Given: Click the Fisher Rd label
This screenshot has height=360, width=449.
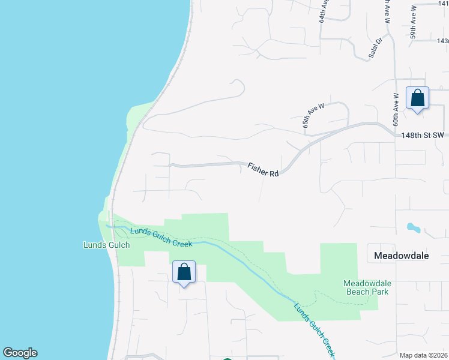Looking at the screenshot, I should pyautogui.click(x=264, y=170).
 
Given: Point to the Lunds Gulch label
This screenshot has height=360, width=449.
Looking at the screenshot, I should pyautogui.click(x=106, y=245).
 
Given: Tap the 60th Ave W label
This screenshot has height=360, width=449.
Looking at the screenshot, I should pyautogui.click(x=396, y=109).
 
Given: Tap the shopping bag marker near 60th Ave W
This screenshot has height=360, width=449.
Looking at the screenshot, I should pyautogui.click(x=417, y=98).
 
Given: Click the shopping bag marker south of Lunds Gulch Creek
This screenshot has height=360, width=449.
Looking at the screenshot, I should pyautogui.click(x=184, y=272).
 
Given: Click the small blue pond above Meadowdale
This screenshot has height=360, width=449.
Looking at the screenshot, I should pyautogui.click(x=413, y=228).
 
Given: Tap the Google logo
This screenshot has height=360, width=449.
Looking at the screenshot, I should pyautogui.click(x=20, y=353).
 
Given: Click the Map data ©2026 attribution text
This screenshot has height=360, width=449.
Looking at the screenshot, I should pyautogui.click(x=424, y=355).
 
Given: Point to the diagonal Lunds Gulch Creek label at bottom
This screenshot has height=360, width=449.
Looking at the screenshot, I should pyautogui.click(x=315, y=328).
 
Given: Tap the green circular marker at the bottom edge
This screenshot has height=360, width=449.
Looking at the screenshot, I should pyautogui.click(x=227, y=359).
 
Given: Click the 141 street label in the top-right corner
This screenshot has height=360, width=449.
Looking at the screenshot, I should pyautogui.click(x=444, y=4).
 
